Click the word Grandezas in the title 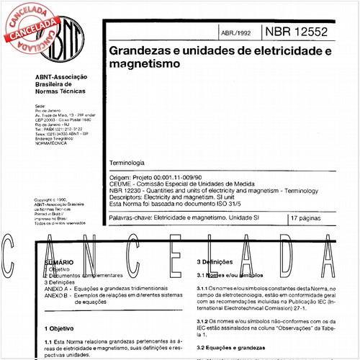click(138, 53)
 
